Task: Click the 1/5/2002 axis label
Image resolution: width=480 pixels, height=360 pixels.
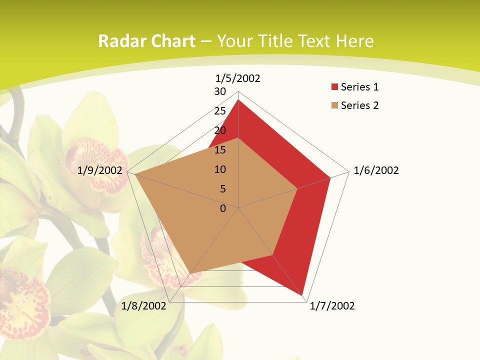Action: click(x=238, y=78)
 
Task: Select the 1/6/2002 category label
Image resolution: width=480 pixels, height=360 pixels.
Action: click(x=376, y=170)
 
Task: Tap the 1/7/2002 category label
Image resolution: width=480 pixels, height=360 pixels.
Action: click(x=332, y=306)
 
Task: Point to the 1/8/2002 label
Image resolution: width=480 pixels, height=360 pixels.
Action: click(x=143, y=306)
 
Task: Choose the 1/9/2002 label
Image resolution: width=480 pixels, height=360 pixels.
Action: click(x=100, y=170)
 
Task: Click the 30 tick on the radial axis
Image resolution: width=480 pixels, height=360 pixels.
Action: click(x=220, y=91)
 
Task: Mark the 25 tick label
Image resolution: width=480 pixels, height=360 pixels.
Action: click(x=220, y=111)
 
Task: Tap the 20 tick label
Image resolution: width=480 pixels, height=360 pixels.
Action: click(x=220, y=130)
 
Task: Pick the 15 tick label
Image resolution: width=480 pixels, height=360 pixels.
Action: click(x=220, y=150)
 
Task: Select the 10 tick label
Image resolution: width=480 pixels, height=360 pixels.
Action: click(x=220, y=169)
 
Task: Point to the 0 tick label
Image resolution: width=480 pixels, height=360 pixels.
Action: click(x=223, y=208)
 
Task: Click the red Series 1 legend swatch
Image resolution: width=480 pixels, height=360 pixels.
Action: click(x=334, y=87)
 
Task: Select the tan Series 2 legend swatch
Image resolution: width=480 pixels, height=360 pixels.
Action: click(x=334, y=105)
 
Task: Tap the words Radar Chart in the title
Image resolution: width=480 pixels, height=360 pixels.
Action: click(x=146, y=41)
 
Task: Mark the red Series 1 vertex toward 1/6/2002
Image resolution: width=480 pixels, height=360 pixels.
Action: click(x=330, y=177)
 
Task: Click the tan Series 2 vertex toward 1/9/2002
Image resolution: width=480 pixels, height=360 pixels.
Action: click(x=135, y=174)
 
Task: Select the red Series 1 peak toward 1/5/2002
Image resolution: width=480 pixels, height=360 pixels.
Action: click(x=238, y=100)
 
